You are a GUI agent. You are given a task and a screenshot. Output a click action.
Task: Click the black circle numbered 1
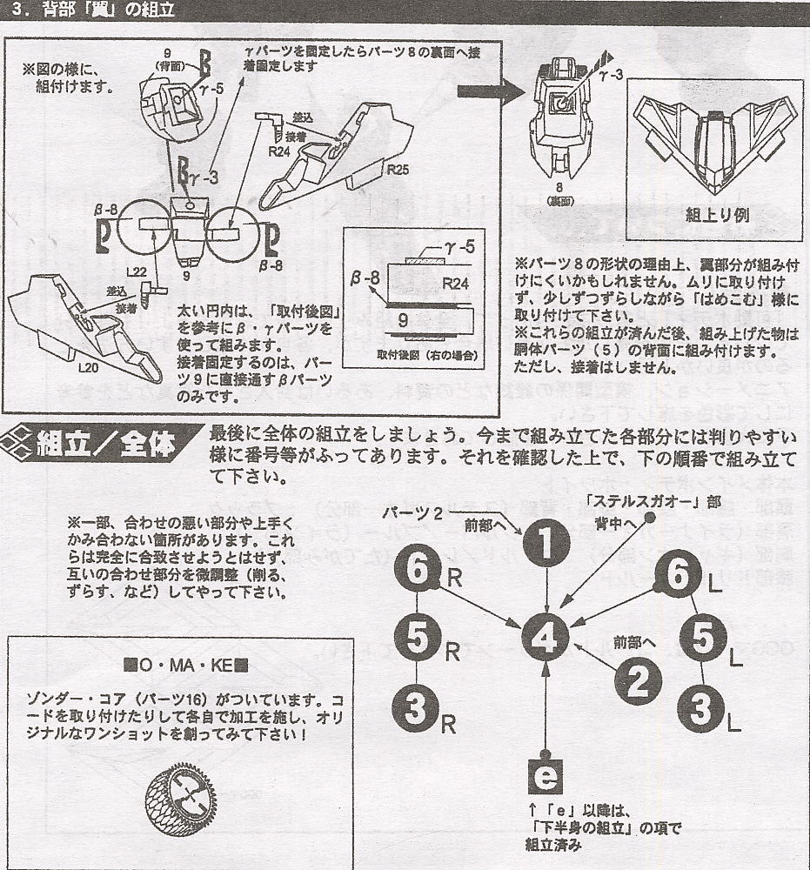click(x=546, y=545)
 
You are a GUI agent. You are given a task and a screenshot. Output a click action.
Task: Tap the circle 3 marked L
click(x=704, y=709)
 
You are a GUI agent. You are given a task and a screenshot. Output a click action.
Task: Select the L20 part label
click(x=89, y=368)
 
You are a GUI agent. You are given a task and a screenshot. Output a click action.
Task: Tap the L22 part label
click(x=135, y=272)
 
